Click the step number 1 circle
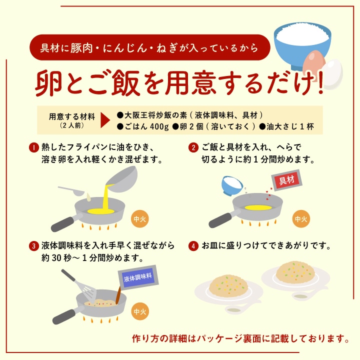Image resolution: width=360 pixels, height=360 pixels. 34,147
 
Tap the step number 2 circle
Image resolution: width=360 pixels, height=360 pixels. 193,147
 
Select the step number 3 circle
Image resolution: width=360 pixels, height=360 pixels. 34,246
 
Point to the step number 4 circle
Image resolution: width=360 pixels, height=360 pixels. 193,246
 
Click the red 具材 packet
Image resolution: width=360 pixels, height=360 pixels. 286,180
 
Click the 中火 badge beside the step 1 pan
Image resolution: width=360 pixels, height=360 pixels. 139,219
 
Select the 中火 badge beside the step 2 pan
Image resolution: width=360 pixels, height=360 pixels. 301,219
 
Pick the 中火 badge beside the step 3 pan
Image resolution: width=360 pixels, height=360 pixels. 139,311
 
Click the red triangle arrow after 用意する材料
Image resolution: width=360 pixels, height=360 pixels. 105,120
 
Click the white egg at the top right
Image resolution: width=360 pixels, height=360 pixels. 332,73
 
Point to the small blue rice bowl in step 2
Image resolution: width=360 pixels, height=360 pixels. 232,186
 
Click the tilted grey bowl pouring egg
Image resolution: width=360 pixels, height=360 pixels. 121,179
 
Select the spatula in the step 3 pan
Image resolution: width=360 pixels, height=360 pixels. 79,286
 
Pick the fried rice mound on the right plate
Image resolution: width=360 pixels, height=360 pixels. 295,272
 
